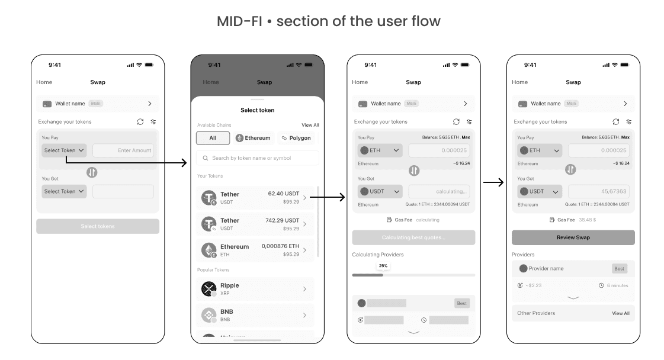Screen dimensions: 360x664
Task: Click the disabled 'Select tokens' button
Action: click(x=98, y=226)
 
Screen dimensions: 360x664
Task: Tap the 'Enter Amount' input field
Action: click(x=123, y=150)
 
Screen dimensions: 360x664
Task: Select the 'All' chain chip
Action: click(x=213, y=138)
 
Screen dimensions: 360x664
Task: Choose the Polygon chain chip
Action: click(x=296, y=138)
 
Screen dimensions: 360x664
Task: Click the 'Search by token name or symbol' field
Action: click(x=258, y=158)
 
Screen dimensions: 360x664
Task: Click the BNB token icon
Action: click(x=208, y=315)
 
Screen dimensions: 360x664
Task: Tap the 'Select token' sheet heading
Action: click(x=257, y=110)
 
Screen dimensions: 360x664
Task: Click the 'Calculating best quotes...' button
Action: click(x=413, y=237)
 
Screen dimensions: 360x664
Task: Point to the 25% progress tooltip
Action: click(x=383, y=266)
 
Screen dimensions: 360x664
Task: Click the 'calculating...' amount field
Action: click(x=439, y=191)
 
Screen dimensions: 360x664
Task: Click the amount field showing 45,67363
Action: click(x=598, y=191)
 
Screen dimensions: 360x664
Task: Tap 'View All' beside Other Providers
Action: click(x=620, y=313)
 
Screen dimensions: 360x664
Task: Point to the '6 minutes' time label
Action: click(x=617, y=285)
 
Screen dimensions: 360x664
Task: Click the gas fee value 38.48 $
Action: click(x=587, y=220)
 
